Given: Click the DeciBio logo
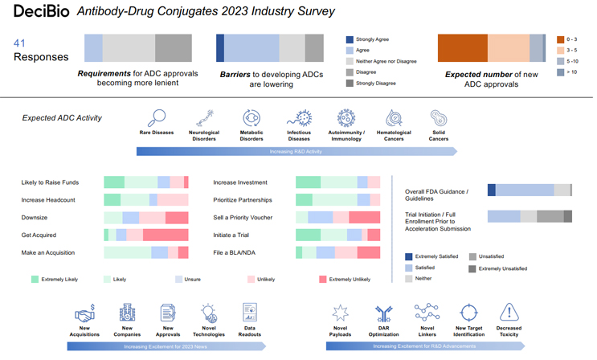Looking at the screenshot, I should pos(39,11).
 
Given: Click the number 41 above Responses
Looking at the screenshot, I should pos(21,43).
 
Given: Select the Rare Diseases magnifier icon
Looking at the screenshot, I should pos(157,118).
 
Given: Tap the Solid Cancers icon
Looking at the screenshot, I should pos(438,118).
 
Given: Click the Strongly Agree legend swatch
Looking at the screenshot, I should pos(350,39).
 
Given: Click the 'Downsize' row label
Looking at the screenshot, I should pos(34,217).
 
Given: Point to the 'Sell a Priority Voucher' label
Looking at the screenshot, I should pos(243,217).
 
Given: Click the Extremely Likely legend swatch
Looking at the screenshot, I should pos(35,280).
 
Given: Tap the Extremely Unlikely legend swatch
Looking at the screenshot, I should pos(323,280).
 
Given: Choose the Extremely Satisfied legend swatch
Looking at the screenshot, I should pos(409,256).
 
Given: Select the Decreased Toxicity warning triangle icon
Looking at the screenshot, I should pos(509,313).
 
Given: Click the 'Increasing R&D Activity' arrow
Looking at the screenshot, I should pos(296,151).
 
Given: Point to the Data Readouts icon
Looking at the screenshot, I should pos(250,313).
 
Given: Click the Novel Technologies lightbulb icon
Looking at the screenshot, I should pos(209,313).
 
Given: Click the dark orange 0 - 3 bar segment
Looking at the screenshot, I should pos(462,48).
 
